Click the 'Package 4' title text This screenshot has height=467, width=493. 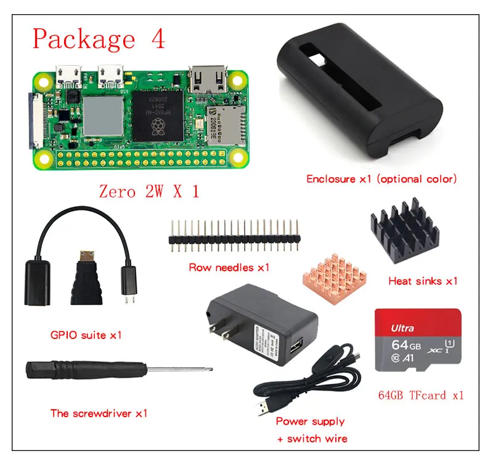[99, 38]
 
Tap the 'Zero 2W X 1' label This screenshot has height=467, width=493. [149, 191]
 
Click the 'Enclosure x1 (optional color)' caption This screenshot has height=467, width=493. [381, 179]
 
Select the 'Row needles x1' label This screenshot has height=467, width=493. [229, 267]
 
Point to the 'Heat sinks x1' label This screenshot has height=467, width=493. [423, 281]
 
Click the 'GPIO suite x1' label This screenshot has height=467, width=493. [86, 335]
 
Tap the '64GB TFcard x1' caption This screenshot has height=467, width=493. [421, 395]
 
